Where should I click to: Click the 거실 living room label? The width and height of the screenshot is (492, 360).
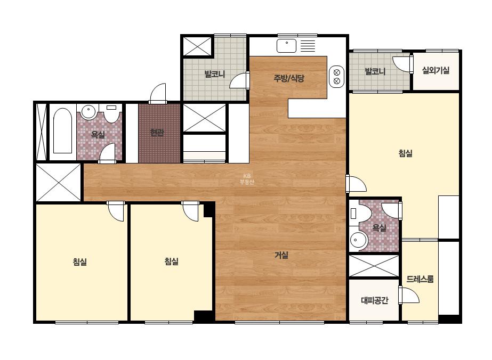click(281, 255)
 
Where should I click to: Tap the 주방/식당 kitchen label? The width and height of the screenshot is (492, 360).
click(289, 78)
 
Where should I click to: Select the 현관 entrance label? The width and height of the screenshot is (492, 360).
click(157, 133)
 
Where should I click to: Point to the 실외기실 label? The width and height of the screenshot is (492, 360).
click(435, 70)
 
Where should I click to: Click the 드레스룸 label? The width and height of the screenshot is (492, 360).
click(420, 279)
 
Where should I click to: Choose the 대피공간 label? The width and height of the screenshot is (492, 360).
click(375, 300)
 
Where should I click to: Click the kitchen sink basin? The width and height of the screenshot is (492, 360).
click(286, 46)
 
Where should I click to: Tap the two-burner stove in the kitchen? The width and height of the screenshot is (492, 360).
click(337, 77)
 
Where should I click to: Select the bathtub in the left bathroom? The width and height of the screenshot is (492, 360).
click(62, 131)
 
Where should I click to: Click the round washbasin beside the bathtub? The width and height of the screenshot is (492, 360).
click(89, 112)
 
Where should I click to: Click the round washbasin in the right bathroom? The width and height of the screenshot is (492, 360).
click(358, 241)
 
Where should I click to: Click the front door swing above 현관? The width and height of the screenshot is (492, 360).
click(158, 93)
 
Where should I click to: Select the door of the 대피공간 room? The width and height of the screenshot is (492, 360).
click(409, 295)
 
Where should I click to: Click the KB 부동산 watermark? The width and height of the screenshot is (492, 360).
click(247, 179)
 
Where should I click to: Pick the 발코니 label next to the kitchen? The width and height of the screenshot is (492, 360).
click(215, 75)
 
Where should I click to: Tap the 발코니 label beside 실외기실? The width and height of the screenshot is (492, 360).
click(375, 71)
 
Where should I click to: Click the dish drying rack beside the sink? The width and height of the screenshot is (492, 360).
click(308, 46)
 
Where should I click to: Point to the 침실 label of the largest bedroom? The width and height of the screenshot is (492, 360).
click(406, 153)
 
